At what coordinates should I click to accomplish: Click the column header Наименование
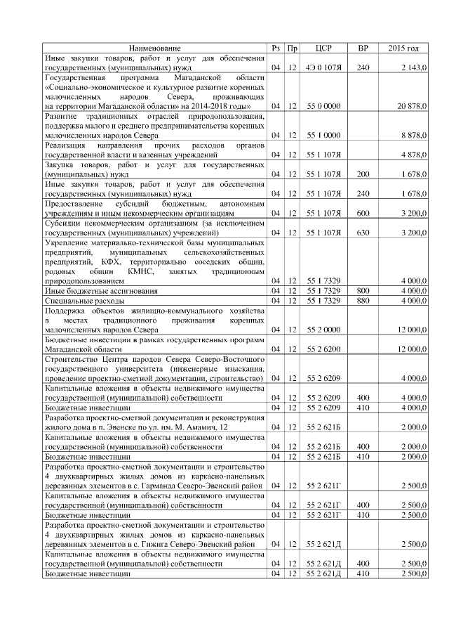(154, 48)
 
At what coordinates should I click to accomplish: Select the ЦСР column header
(323, 48)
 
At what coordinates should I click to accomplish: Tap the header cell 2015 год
(403, 48)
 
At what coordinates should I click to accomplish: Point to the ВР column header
(363, 48)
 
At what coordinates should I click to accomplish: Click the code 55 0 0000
(323, 105)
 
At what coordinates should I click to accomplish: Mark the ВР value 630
(363, 232)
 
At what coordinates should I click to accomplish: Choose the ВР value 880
(363, 300)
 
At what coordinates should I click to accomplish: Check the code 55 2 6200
(323, 349)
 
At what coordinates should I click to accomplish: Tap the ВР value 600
(363, 212)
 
